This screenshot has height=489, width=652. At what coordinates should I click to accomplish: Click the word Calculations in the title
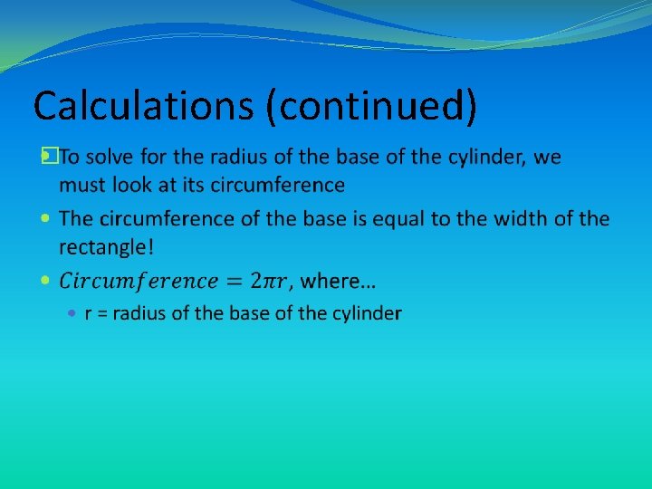[x=142, y=106]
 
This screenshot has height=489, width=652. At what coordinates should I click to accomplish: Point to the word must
[x=80, y=186]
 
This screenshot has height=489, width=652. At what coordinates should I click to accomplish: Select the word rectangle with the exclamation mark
[x=106, y=247]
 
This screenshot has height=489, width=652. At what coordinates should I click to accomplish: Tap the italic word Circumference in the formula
[x=138, y=281]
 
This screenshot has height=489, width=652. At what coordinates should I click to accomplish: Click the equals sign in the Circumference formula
[x=234, y=281]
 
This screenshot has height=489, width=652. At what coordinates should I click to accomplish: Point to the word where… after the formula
[x=339, y=281]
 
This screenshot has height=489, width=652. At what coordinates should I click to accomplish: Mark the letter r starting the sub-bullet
[x=89, y=314]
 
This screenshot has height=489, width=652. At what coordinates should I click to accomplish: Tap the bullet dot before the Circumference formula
[x=46, y=281]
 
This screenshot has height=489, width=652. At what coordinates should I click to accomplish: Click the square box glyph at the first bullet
[x=49, y=157]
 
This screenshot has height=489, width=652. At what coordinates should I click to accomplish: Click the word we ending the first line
[x=548, y=157]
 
